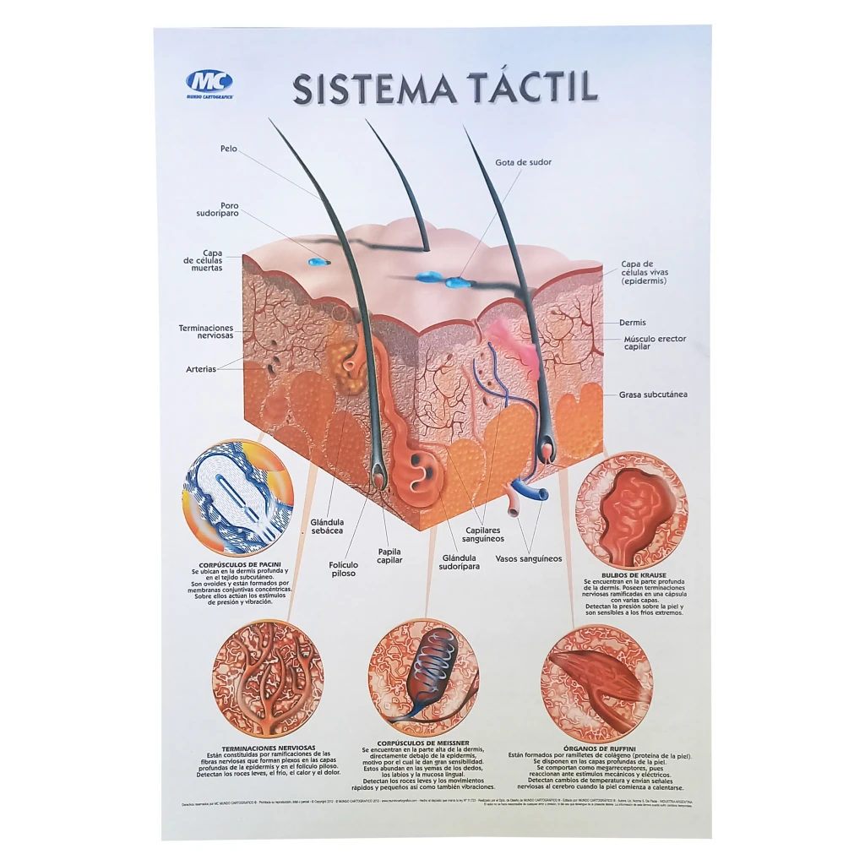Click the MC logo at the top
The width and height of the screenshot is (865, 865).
pos(209,83)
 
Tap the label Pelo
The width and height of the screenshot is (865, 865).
pos(228,149)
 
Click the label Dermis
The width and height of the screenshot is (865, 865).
pos(633,322)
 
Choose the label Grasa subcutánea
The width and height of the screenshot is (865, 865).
pos(653,394)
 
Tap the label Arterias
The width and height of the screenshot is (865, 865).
pos(201,369)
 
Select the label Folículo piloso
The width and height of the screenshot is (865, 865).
pos(344,569)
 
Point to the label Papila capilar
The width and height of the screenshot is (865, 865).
pos(389,555)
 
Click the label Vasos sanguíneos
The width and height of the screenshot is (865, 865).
pos(528,558)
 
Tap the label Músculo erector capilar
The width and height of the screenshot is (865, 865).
pos(655,342)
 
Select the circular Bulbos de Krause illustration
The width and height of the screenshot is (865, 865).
pos(631,510)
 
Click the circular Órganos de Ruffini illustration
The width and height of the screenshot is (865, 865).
pos(597,683)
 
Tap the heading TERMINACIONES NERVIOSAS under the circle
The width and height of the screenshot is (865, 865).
pos(268,748)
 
